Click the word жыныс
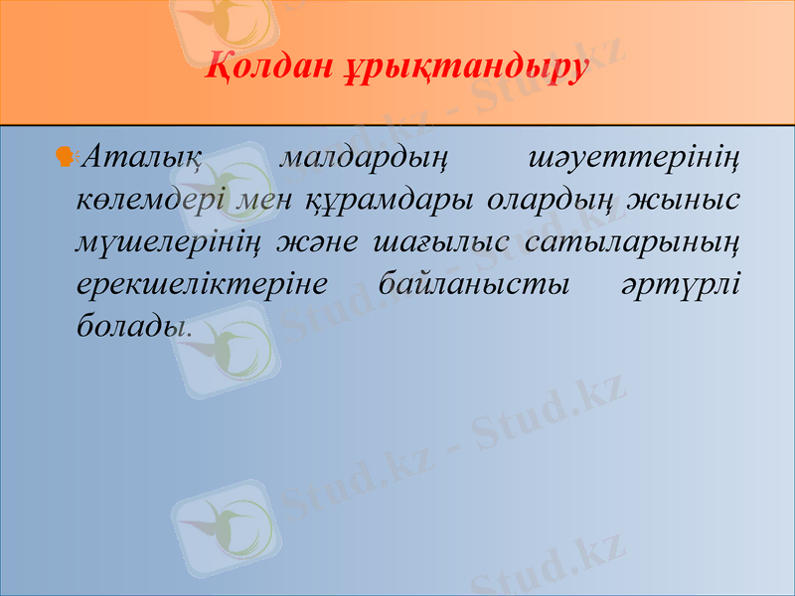696,200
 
